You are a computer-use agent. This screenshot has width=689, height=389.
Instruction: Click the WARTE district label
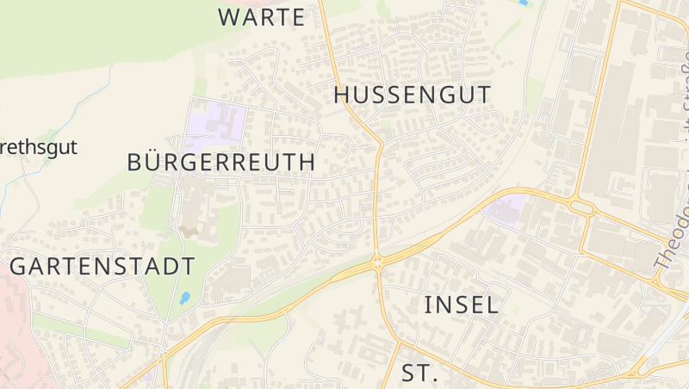click(261, 16)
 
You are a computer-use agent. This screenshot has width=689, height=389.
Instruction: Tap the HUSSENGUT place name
click(412, 95)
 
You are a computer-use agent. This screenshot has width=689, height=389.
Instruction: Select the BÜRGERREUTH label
click(220, 162)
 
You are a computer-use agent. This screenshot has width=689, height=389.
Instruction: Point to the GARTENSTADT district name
click(102, 266)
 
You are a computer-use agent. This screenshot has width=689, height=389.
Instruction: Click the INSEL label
click(462, 304)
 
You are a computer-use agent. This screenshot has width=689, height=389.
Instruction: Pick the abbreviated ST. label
click(420, 374)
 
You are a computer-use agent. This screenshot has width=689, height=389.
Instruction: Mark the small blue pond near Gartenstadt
click(184, 298)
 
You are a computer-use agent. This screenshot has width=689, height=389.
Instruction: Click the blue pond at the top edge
click(523, 3)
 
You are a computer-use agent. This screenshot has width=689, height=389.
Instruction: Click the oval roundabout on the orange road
click(582, 207)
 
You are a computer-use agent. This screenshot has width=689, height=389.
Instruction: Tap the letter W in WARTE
click(230, 16)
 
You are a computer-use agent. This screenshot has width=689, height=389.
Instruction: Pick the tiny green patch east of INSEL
click(516, 308)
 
